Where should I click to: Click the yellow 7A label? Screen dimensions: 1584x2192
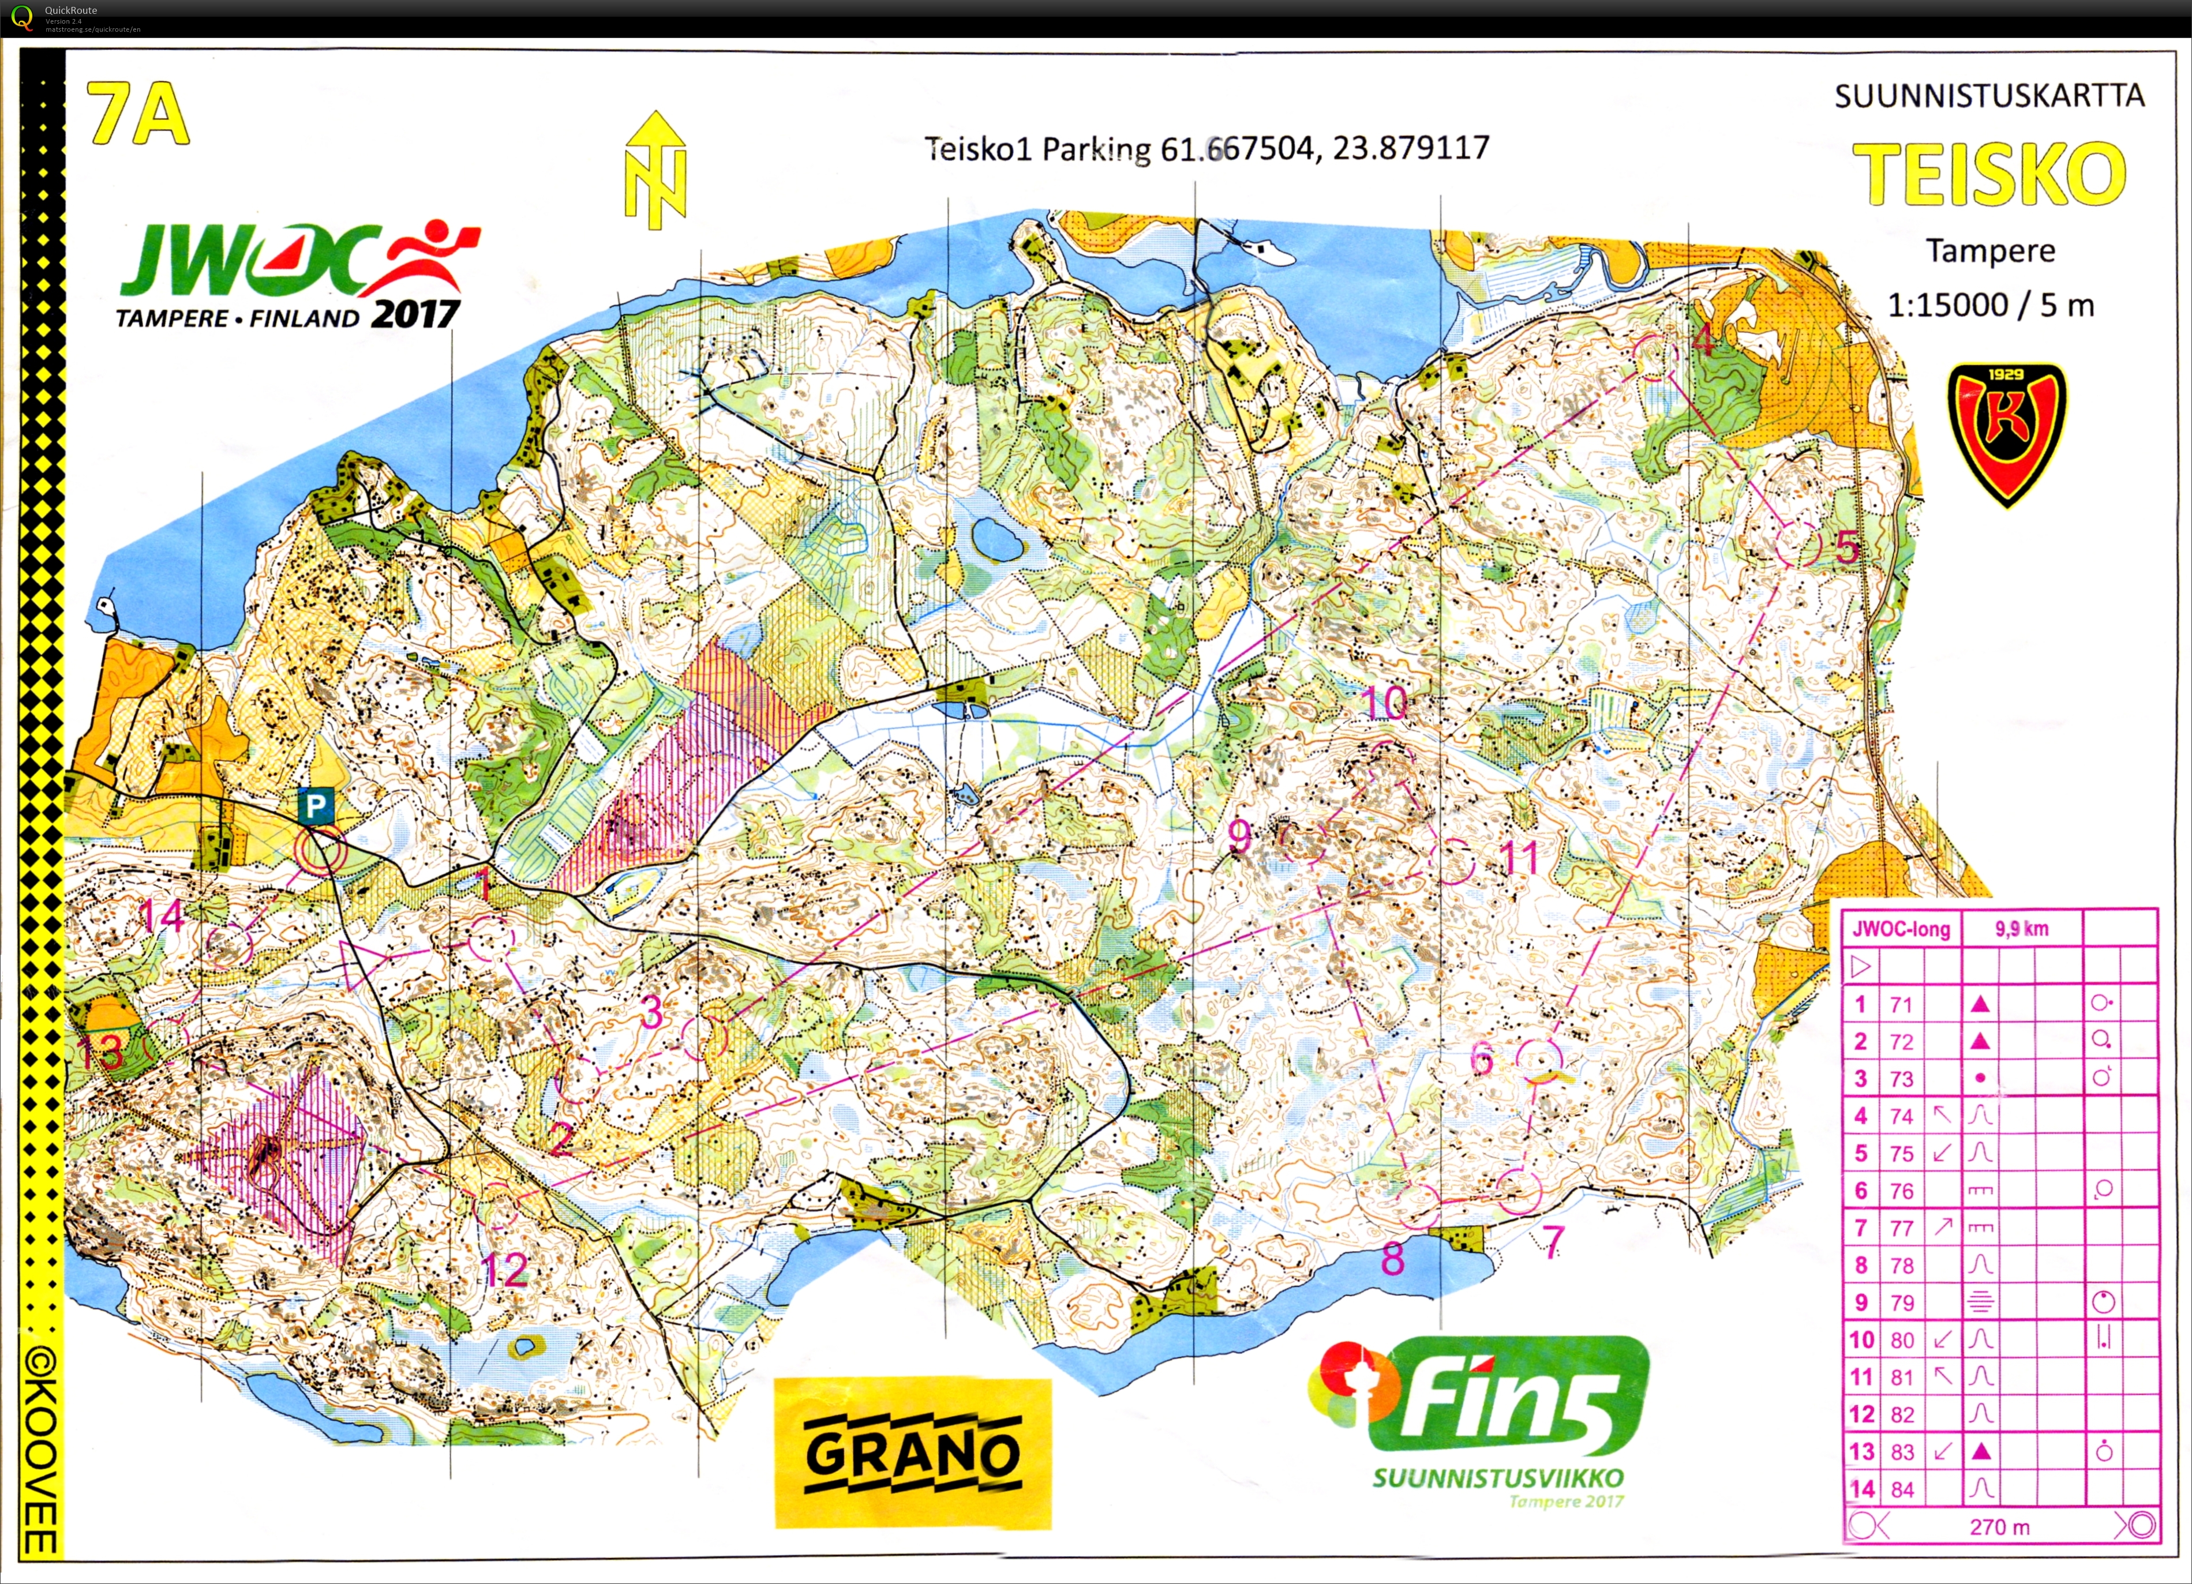138,113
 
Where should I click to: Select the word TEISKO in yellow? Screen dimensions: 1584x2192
1989,174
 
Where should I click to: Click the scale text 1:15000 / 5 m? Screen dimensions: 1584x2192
1990,305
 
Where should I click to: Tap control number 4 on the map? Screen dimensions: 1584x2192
1703,340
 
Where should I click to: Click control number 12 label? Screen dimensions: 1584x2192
504,1270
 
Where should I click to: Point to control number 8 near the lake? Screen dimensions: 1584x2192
1392,1258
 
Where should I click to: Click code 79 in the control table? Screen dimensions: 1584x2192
1902,1303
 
